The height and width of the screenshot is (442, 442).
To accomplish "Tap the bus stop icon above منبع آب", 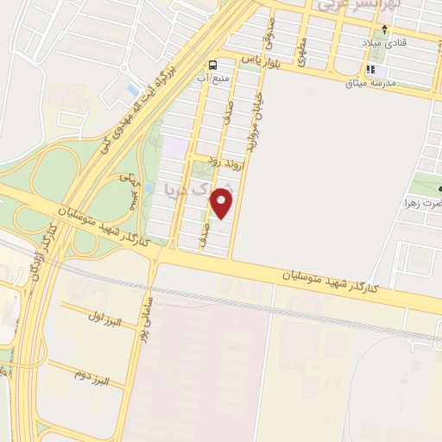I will coord(212,65).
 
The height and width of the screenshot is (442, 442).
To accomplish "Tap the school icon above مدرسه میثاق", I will coord(371,69).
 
